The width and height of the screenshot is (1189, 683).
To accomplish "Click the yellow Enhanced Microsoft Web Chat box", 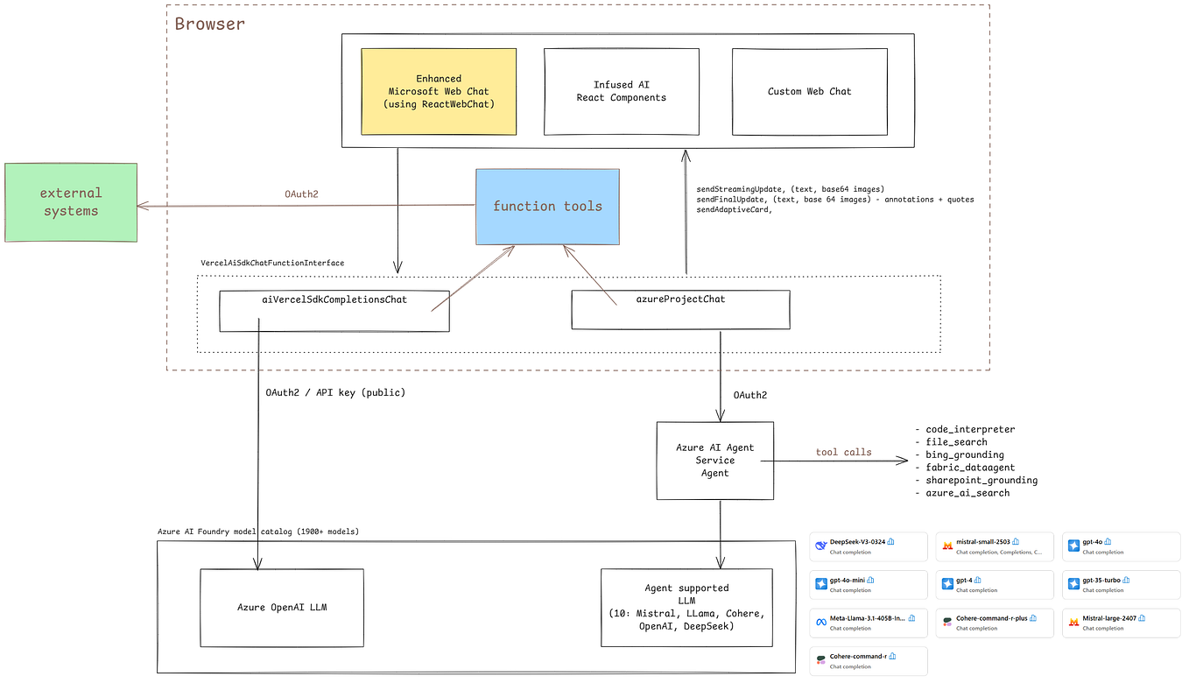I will coord(439,91).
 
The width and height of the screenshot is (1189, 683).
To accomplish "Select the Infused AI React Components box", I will coord(621,91).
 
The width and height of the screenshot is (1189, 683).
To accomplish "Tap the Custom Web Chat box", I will coord(809,91).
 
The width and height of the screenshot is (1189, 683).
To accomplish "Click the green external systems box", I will coord(70,202).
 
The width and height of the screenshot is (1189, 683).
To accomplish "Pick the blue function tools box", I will coord(547,207).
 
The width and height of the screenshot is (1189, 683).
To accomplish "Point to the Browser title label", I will coord(210,24).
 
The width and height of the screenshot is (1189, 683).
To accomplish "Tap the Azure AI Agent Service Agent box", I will coord(715,460).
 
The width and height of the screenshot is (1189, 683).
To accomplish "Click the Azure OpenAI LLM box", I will coord(281,607).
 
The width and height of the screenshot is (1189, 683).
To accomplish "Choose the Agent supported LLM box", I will coord(686,607).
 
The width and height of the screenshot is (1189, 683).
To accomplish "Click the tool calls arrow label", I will coord(843,452).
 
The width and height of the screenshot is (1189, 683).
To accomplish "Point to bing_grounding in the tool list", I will coord(965,454).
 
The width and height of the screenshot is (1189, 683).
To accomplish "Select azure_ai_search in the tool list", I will coord(967,493).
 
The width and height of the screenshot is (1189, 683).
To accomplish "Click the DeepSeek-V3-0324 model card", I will coord(868,546).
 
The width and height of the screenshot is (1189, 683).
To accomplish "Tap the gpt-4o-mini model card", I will coord(868,585).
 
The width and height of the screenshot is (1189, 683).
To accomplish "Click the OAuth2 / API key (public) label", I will coord(335,392).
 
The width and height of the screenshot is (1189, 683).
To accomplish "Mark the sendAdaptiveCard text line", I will coord(735,211).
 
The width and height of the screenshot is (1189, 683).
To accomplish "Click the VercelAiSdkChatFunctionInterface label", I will coord(272,263).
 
